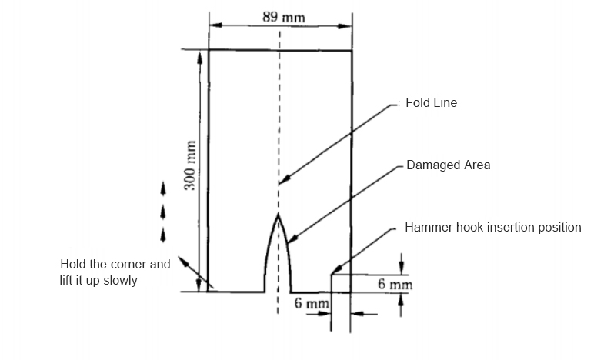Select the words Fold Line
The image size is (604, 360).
point(431,103)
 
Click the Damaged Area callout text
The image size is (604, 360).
point(448,165)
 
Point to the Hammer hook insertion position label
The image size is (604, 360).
point(492,228)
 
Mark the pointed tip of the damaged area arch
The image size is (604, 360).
point(279,216)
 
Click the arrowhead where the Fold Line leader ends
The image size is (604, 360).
point(282,182)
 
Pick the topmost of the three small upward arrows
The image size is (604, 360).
point(162,186)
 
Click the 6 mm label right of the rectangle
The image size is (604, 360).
point(395,285)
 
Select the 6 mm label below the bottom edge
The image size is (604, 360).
point(312,305)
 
